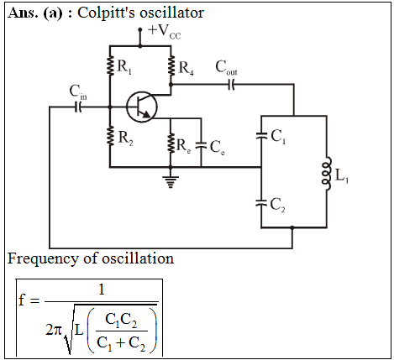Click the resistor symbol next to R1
pos(111,65)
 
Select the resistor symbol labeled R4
pos(171,65)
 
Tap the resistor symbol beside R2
pos(111,135)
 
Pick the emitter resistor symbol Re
pos(171,143)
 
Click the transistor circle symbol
pos(142,107)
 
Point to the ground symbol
pos(171,181)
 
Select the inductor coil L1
pos(327,174)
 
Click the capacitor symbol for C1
pos(261,136)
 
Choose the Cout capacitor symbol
pos(231,84)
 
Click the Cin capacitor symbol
pos(78,107)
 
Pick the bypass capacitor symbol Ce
pos(201,145)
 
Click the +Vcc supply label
pos(165,32)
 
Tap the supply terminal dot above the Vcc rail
pos(140,29)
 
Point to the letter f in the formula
pos(22,300)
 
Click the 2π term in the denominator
pos(53,331)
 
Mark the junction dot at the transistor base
pos(110,107)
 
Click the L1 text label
pos(342,176)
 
